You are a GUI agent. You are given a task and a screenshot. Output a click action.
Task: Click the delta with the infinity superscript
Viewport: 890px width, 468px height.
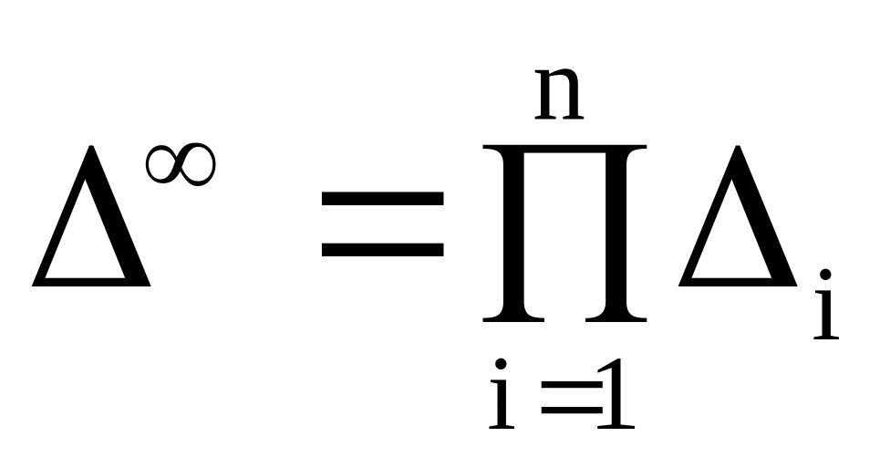(91, 216)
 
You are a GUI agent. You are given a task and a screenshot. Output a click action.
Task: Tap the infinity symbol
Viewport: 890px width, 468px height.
(181, 164)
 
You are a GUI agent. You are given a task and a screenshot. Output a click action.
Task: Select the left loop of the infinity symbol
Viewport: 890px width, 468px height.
(162, 164)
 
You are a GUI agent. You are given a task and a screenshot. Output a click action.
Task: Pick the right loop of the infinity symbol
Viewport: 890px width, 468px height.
(198, 164)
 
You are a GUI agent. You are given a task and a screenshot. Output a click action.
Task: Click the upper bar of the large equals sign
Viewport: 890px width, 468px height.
(383, 198)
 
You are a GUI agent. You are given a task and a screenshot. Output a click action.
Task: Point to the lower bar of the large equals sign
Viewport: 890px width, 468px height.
(383, 249)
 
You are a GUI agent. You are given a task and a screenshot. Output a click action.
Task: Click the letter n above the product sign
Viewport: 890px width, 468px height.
(559, 94)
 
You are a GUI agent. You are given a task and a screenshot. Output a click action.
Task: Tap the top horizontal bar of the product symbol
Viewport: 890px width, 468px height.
(564, 150)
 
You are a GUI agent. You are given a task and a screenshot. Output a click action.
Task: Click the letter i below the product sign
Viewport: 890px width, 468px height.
(502, 393)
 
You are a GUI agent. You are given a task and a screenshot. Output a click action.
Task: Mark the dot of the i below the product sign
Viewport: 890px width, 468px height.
(501, 364)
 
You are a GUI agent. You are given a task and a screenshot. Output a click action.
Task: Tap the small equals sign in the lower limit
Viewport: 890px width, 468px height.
(572, 397)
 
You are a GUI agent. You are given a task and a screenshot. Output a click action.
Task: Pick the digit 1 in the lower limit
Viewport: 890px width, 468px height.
(616, 393)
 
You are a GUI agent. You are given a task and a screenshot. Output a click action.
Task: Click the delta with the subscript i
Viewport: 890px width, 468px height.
(738, 216)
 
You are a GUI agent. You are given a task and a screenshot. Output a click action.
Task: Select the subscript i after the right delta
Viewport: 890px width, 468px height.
(826, 305)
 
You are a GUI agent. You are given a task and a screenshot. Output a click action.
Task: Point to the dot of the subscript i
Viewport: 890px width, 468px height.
(825, 275)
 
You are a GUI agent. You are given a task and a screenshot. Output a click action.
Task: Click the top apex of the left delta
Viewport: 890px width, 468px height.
(91, 147)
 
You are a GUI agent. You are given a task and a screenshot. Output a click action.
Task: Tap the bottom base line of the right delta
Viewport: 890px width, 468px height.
(738, 282)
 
